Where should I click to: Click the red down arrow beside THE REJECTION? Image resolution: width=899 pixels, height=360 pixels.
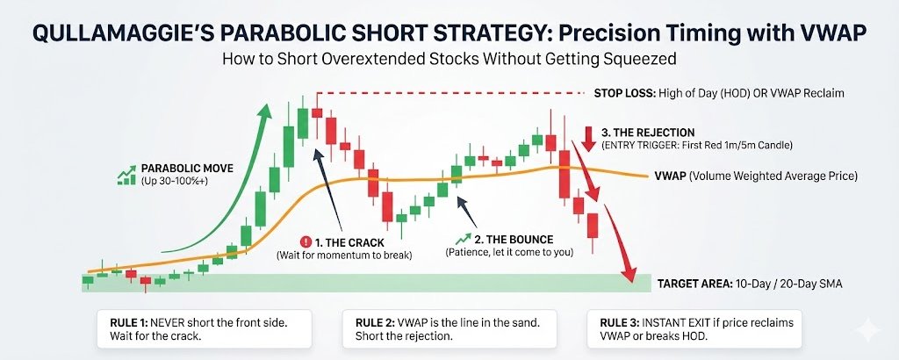(589, 138)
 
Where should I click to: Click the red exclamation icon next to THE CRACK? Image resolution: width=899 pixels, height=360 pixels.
(305, 242)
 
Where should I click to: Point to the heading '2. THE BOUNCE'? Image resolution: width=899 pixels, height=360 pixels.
(516, 239)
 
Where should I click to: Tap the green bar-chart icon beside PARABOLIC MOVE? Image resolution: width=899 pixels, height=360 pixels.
(126, 175)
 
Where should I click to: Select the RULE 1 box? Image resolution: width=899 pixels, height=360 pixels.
(204, 329)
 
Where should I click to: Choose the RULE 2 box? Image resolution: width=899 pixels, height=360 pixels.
(450, 329)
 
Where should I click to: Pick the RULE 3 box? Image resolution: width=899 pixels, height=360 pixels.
(694, 329)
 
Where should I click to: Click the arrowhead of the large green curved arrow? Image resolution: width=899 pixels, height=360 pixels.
(263, 112)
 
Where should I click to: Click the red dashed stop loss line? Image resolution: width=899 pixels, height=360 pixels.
(449, 93)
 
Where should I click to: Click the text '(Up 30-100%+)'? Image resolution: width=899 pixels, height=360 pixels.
(170, 181)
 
